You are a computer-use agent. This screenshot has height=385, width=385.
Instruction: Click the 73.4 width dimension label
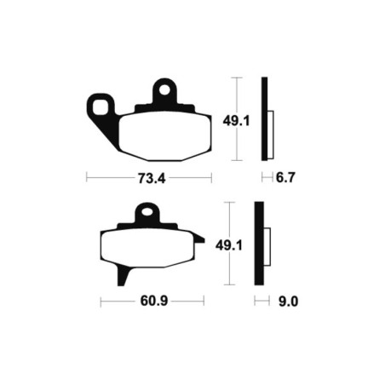(x=152, y=178)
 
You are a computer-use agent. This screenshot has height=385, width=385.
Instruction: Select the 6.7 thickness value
(x=285, y=177)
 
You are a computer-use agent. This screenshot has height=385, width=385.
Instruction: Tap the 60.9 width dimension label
(x=154, y=301)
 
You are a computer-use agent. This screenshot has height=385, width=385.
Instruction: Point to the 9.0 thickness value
(x=288, y=302)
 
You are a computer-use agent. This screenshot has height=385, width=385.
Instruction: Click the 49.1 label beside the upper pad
(x=236, y=121)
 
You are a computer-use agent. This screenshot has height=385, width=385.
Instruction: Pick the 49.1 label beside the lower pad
(x=229, y=245)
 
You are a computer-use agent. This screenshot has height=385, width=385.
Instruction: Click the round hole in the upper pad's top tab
(x=164, y=90)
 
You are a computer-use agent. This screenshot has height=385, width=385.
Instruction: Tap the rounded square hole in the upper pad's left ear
(x=101, y=107)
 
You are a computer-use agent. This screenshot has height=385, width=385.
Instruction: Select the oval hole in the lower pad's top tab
(x=147, y=212)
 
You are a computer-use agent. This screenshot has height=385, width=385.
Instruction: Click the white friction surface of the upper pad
(x=164, y=136)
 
